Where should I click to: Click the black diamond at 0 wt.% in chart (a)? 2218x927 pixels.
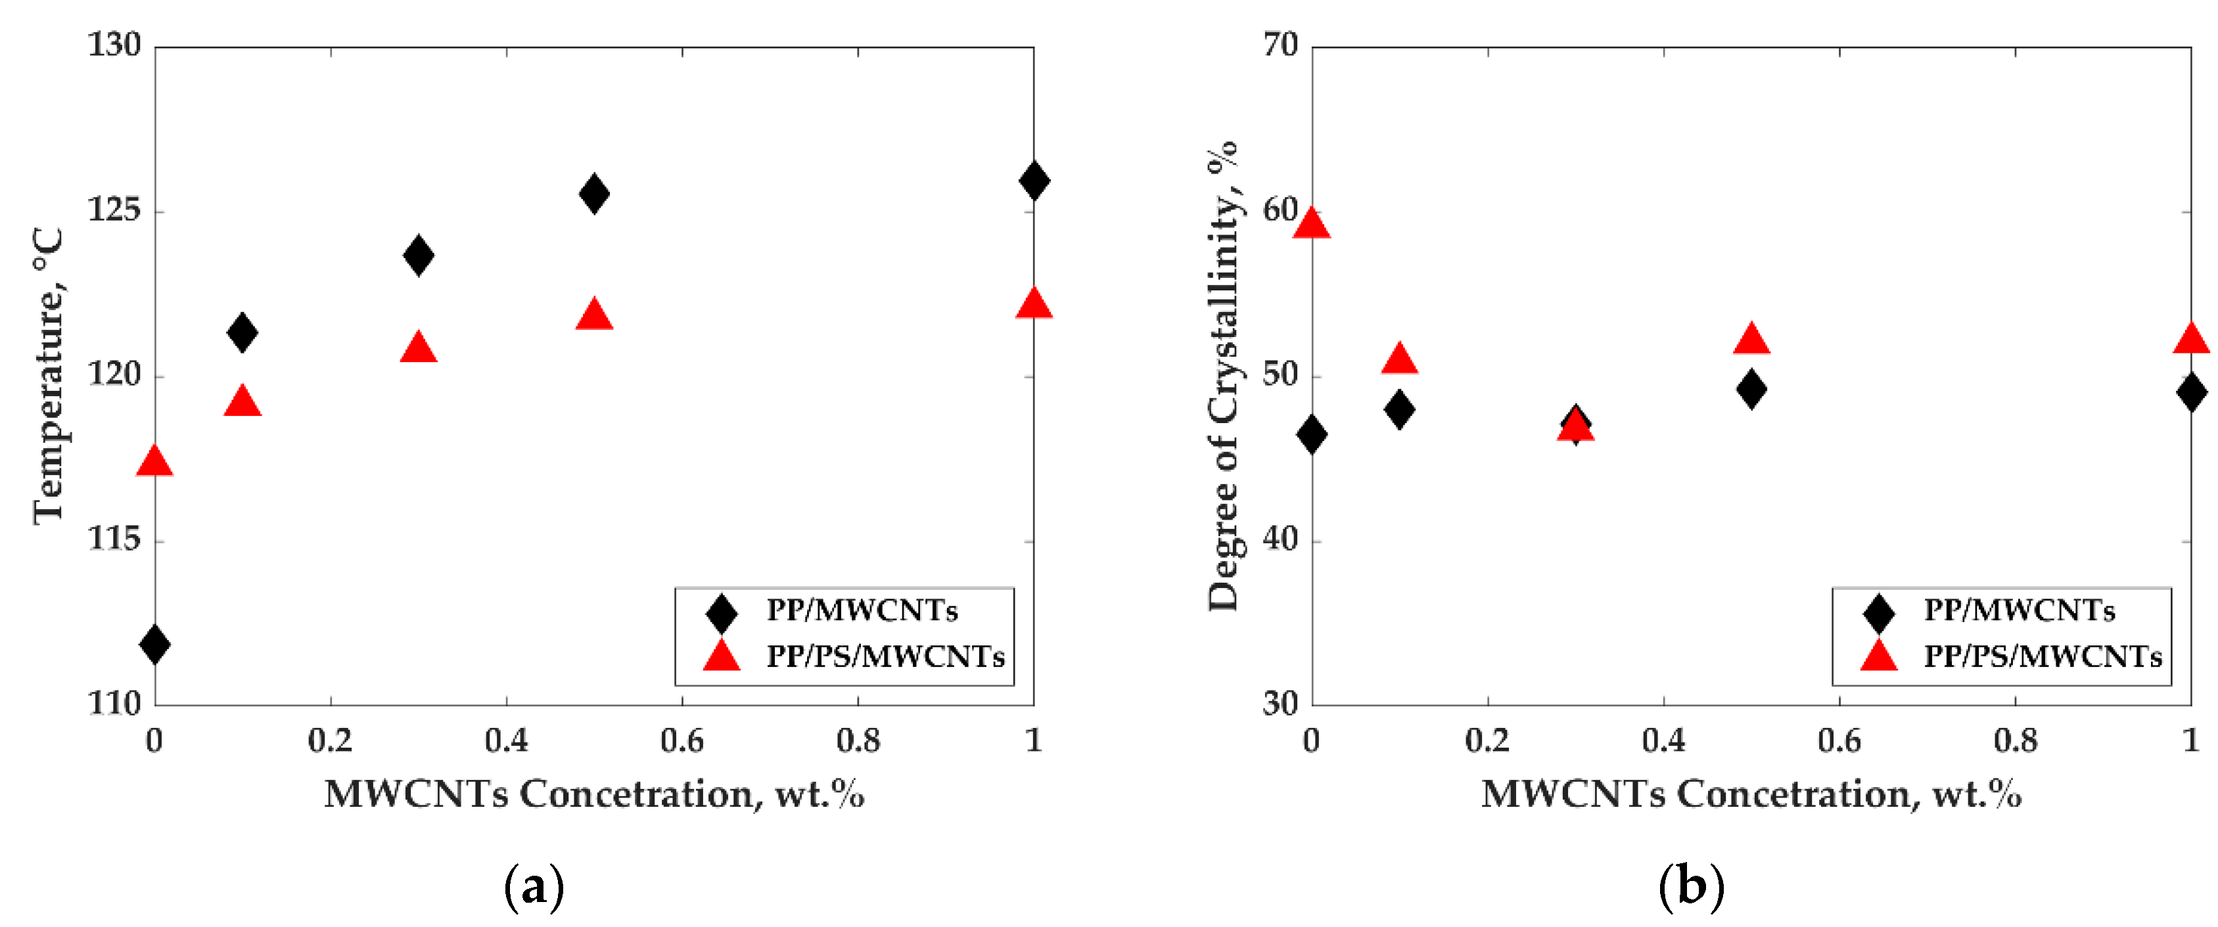pos(155,644)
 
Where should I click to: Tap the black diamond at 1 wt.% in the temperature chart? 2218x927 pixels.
pos(1033,181)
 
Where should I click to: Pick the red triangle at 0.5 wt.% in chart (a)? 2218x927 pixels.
pos(594,316)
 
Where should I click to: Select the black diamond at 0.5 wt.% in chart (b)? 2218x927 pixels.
pos(1751,389)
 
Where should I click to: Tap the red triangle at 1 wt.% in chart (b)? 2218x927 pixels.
pos(2190,339)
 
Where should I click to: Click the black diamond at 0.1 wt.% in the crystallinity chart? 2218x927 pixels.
pos(1399,409)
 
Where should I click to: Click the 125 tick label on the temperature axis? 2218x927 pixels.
pos(114,211)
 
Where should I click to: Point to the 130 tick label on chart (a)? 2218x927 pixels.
pos(114,45)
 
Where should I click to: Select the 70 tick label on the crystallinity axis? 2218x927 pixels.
pos(1280,45)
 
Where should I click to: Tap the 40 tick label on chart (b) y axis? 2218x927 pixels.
pos(1280,541)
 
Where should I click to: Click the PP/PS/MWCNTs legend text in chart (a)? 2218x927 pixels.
pos(885,658)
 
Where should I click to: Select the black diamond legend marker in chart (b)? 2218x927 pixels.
pos(1879,612)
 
